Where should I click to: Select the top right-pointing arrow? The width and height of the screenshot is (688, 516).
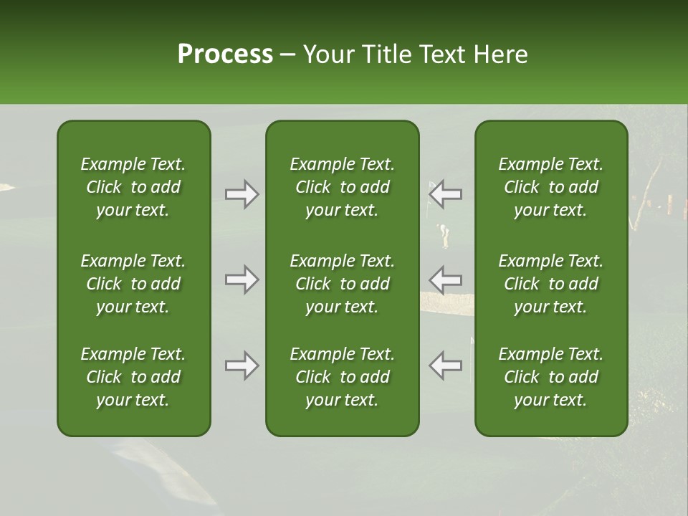point(242,194)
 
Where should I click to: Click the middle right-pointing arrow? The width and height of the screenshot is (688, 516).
point(242,279)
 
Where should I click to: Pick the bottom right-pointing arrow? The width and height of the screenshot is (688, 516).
point(242,365)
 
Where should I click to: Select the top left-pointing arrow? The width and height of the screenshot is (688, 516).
point(446,194)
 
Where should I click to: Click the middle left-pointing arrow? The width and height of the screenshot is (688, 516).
point(446,279)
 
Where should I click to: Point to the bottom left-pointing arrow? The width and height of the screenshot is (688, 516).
point(446,365)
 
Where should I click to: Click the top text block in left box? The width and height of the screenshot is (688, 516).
point(133,187)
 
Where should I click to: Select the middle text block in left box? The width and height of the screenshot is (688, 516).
point(133,284)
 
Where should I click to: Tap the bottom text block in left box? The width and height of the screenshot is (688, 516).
point(133,377)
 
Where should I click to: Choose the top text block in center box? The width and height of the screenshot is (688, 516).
point(343,187)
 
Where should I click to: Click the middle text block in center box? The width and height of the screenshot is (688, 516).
point(343,284)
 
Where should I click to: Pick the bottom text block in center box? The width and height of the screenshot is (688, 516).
point(343,377)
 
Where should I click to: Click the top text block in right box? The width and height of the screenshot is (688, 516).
point(551,187)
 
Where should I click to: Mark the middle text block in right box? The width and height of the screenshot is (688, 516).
point(551,284)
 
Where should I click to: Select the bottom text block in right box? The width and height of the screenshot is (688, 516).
point(551,377)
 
